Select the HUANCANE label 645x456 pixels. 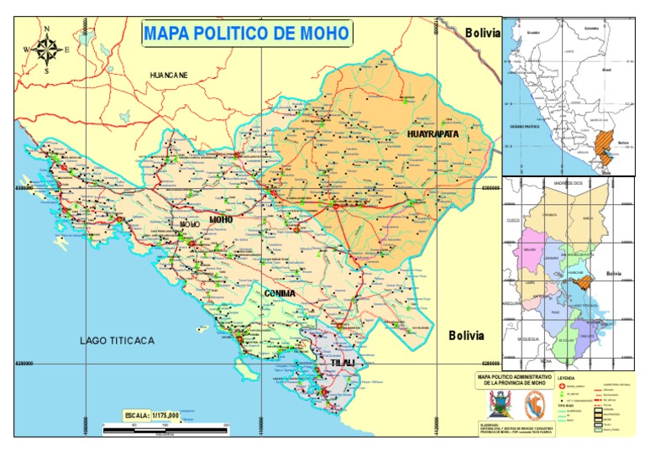pyautogui.click(x=169, y=76)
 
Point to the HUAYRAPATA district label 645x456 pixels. pyautogui.click(x=433, y=134)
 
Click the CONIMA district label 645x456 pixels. pyautogui.click(x=280, y=293)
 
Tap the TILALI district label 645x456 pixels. pyautogui.click(x=343, y=363)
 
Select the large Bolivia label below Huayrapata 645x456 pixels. pyautogui.click(x=466, y=335)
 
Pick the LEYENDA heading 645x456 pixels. pyautogui.click(x=567, y=378)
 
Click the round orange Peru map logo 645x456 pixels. pyautogui.click(x=530, y=404)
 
